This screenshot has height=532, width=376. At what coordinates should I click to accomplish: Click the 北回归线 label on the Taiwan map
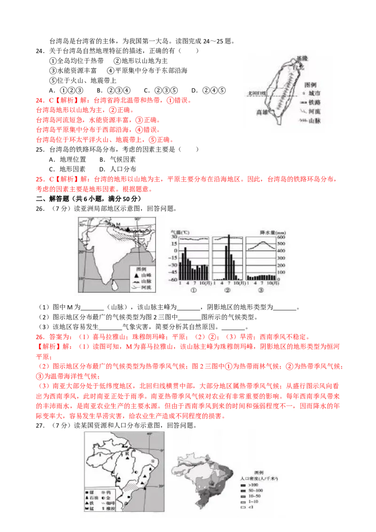pos(257,94)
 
